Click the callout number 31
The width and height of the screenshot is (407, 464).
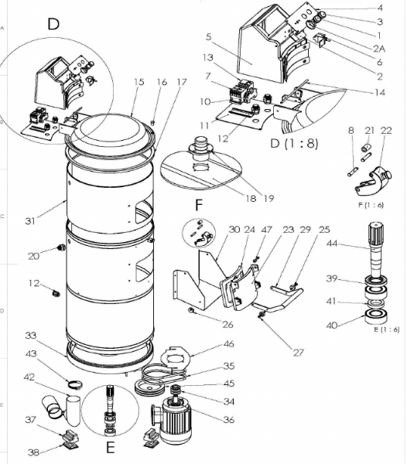click(30, 220)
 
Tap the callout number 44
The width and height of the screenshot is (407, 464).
click(332, 244)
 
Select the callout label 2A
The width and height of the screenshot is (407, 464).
click(379, 49)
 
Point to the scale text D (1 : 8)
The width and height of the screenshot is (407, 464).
click(294, 144)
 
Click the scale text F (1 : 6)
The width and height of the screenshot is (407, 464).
click(371, 205)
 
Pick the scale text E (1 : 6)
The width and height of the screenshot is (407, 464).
click(387, 329)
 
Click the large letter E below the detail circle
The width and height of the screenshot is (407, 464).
click(110, 448)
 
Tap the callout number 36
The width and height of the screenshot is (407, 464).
click(229, 419)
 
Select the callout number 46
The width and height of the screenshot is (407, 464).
click(229, 344)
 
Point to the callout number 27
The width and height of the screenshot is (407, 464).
click(299, 353)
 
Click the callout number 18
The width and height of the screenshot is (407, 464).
click(251, 198)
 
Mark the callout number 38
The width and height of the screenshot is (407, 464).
click(33, 452)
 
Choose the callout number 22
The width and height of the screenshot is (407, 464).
click(386, 131)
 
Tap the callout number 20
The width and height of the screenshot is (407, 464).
click(33, 256)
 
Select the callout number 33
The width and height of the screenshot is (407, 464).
click(31, 336)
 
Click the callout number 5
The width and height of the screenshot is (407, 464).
click(209, 36)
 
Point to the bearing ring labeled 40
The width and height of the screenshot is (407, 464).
click(376, 316)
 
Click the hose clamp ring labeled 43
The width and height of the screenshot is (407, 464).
click(75, 385)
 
